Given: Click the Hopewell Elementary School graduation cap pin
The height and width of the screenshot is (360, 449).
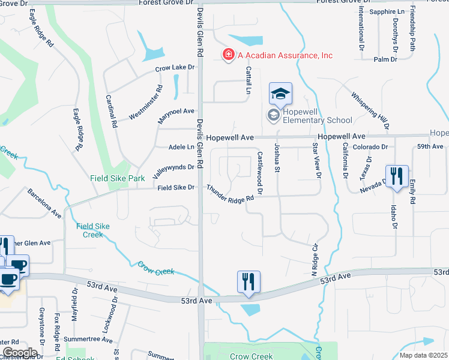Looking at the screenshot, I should click(x=280, y=95).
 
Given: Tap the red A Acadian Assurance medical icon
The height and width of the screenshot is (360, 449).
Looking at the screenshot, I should click(x=228, y=55).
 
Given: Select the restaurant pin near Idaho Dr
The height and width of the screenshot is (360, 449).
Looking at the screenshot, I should click(x=397, y=176).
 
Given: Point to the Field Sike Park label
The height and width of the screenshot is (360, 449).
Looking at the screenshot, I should click(x=118, y=178).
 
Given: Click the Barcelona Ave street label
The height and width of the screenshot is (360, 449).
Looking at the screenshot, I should click(x=44, y=203).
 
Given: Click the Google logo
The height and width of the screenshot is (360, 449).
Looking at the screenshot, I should click(x=20, y=353).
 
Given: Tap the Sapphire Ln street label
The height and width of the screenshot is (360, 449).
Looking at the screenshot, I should click(x=387, y=11).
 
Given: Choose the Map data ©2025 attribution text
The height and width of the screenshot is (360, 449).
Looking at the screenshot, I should click(x=424, y=355).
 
